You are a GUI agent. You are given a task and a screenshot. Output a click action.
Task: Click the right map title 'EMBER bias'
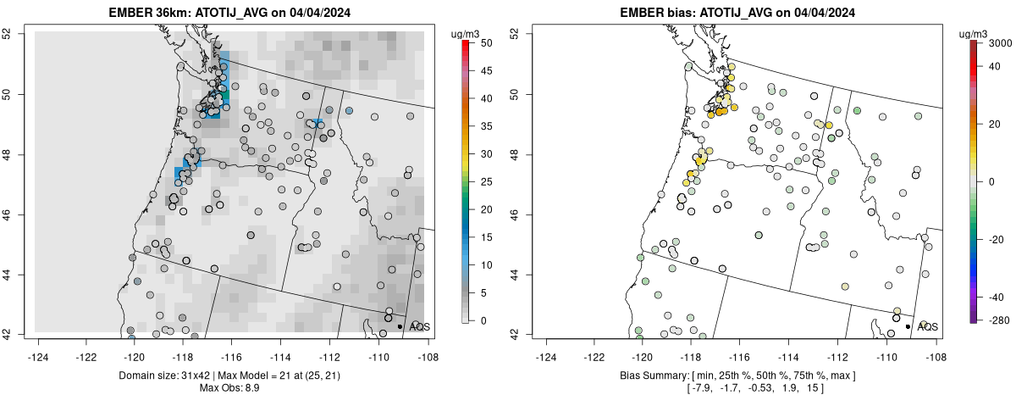[x=660, y=13]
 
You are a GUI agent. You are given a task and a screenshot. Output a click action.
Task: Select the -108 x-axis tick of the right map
[x=935, y=346]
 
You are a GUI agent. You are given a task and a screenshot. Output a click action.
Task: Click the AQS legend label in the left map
[x=419, y=326]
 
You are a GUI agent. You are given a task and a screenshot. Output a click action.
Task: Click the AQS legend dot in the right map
[x=908, y=326]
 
